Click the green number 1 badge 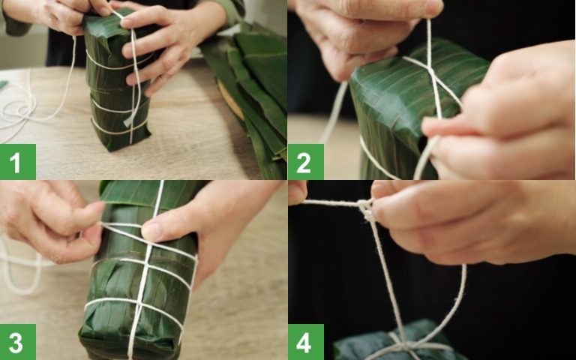(17, 162)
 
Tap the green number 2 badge (305, 162)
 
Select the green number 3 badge (17, 342)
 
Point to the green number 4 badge (305, 342)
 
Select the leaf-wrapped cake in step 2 (397, 112)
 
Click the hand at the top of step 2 (360, 30)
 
